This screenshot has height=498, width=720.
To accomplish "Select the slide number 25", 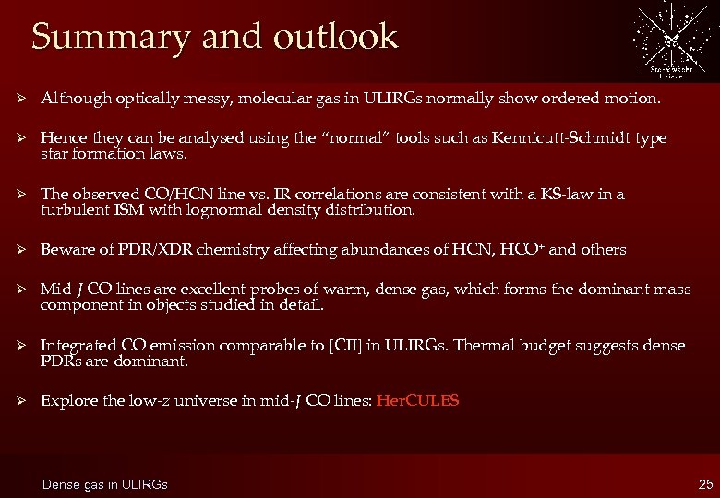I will pos(706,483).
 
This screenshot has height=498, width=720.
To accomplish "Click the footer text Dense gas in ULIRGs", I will pos(106,484).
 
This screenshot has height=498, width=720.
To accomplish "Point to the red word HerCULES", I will pos(417,401).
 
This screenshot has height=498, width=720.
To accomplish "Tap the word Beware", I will pos(67,249).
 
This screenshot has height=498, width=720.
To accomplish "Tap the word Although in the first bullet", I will pos(74,97).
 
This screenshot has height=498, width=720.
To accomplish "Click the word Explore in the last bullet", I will pos(67,401).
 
